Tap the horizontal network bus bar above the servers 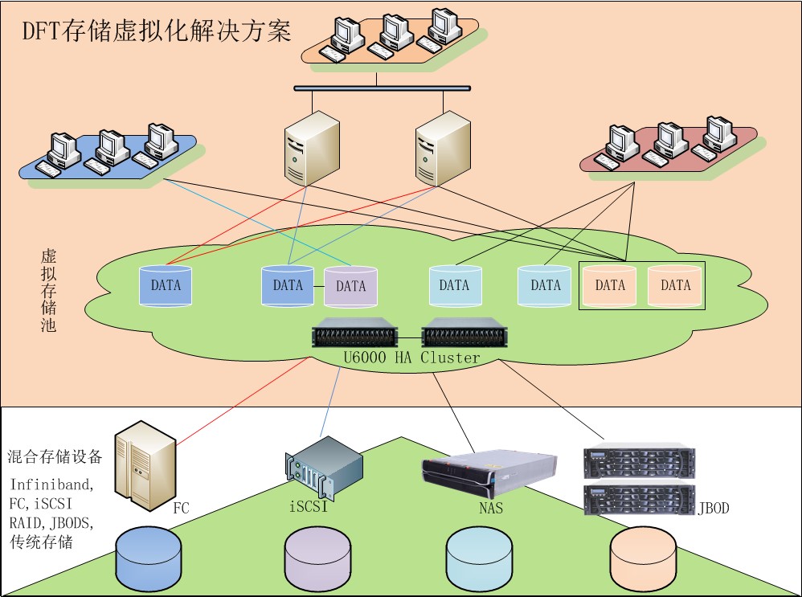click(x=382, y=88)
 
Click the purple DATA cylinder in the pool click(x=350, y=286)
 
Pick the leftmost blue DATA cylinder click(x=166, y=285)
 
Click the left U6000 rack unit click(x=355, y=333)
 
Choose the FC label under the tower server click(x=181, y=508)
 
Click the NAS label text click(x=490, y=508)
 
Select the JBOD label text click(x=713, y=508)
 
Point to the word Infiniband click(x=51, y=485)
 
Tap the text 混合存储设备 click(x=55, y=457)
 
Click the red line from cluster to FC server click(x=241, y=402)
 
